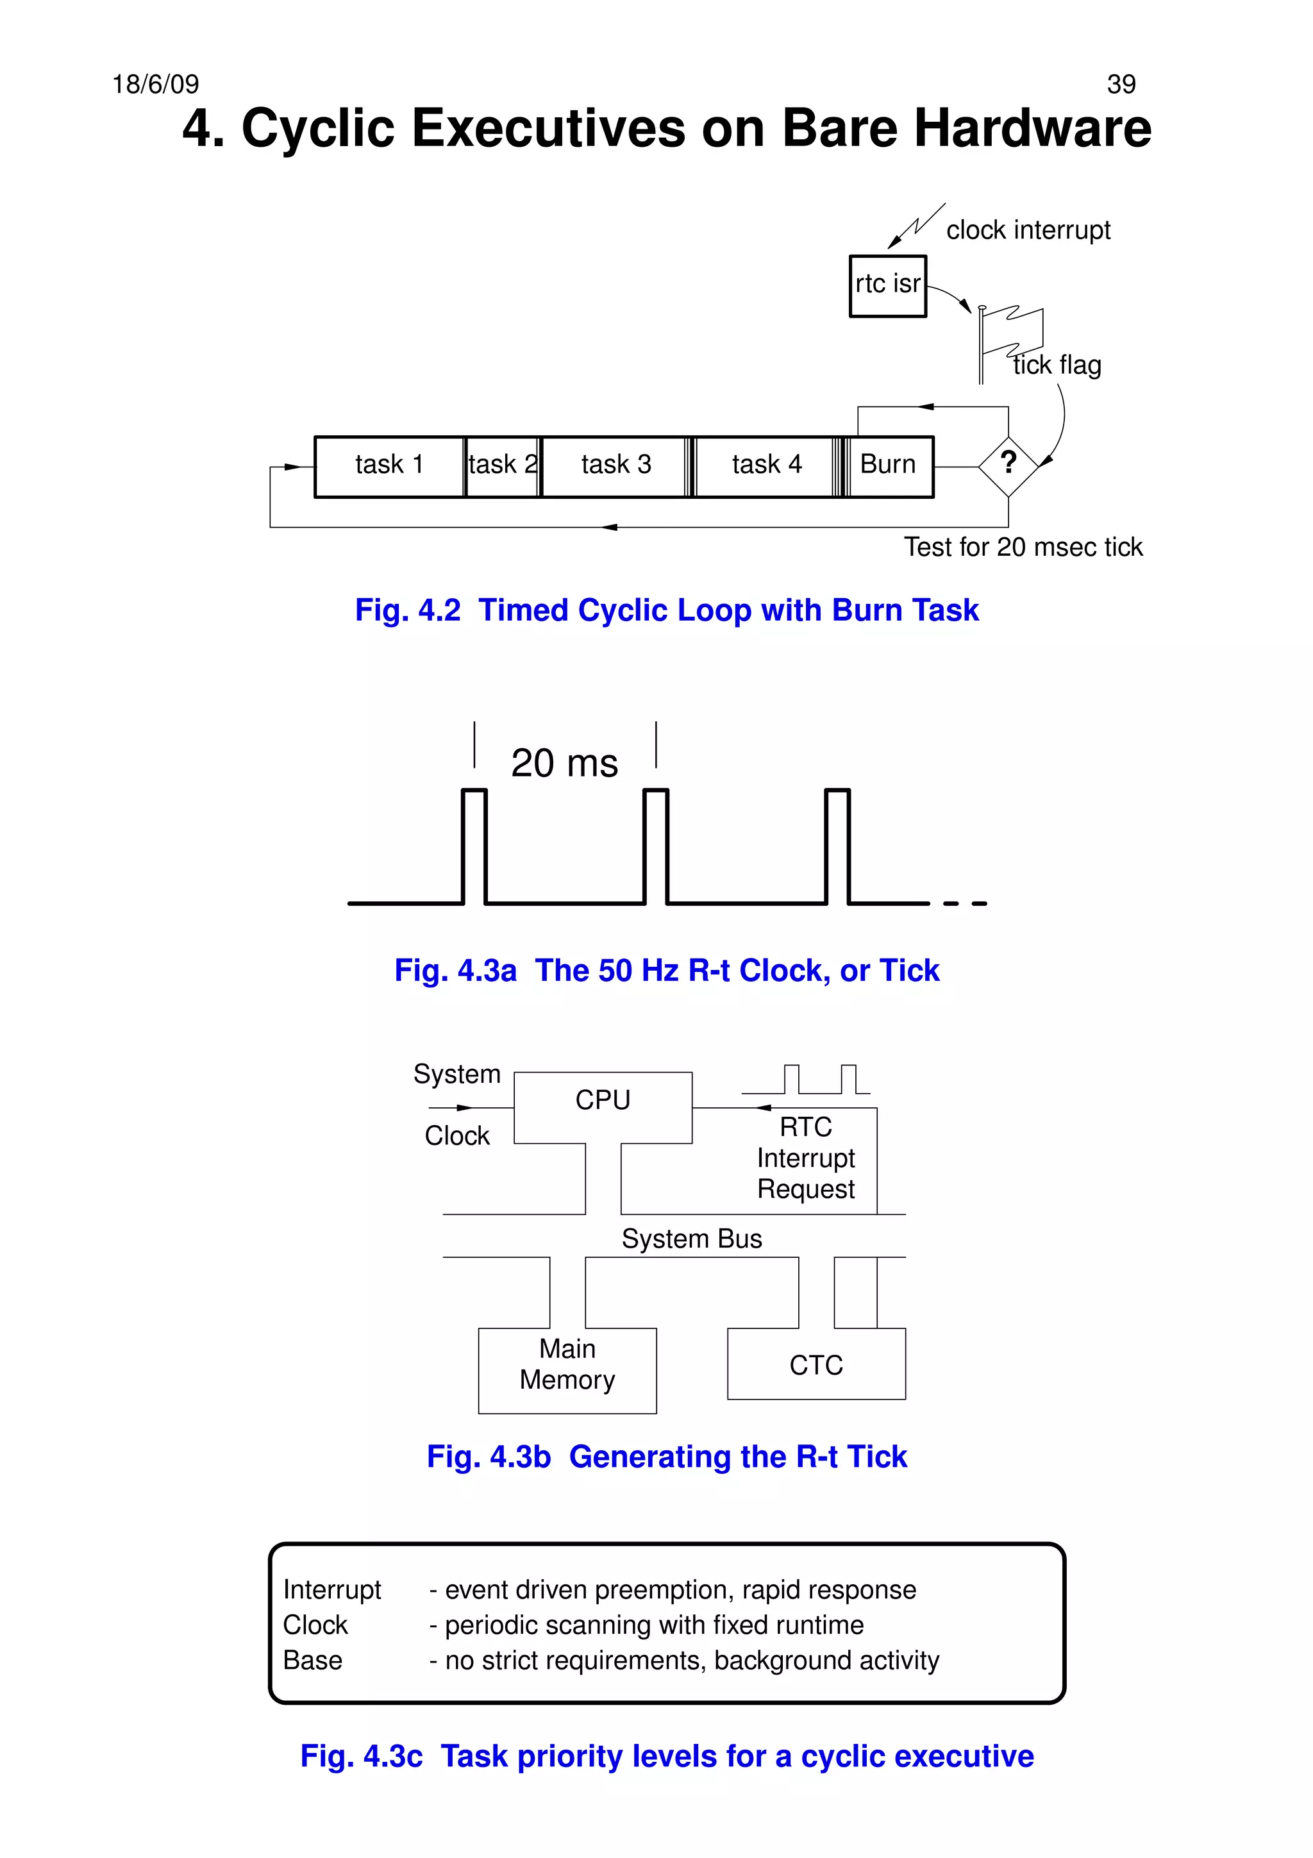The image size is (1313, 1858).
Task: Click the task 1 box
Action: [389, 466]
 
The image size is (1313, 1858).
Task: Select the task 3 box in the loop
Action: [615, 466]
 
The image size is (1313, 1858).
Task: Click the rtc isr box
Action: [887, 286]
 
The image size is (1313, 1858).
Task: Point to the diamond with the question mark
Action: [1008, 466]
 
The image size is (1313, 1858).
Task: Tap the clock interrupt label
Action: [1028, 231]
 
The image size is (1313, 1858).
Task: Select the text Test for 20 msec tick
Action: [1023, 548]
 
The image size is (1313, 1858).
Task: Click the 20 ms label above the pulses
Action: [564, 763]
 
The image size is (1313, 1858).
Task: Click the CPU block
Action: [603, 1101]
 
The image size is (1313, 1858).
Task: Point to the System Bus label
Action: [691, 1239]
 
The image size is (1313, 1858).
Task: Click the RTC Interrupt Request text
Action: [806, 1158]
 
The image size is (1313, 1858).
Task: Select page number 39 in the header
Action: [1121, 84]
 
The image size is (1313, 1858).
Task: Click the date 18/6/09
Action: [155, 84]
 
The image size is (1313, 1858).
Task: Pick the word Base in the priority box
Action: [313, 1661]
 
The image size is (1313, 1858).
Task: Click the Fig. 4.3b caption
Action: [667, 1457]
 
